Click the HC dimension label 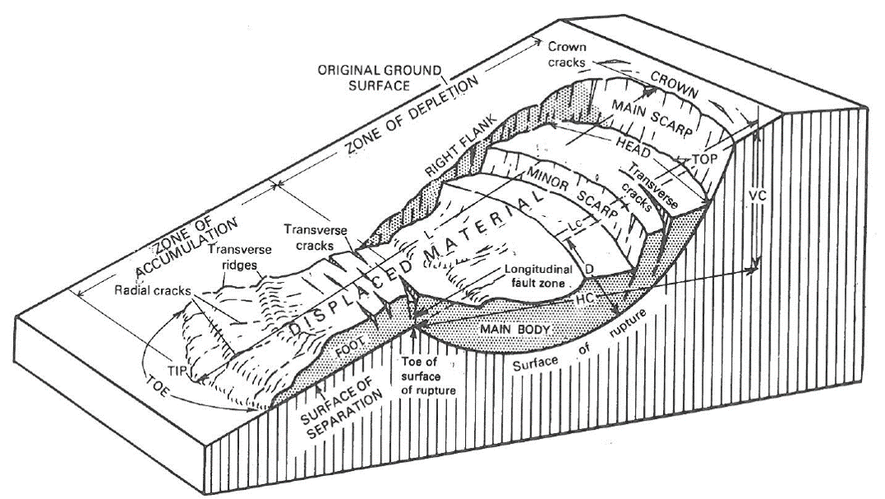[x=584, y=303]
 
